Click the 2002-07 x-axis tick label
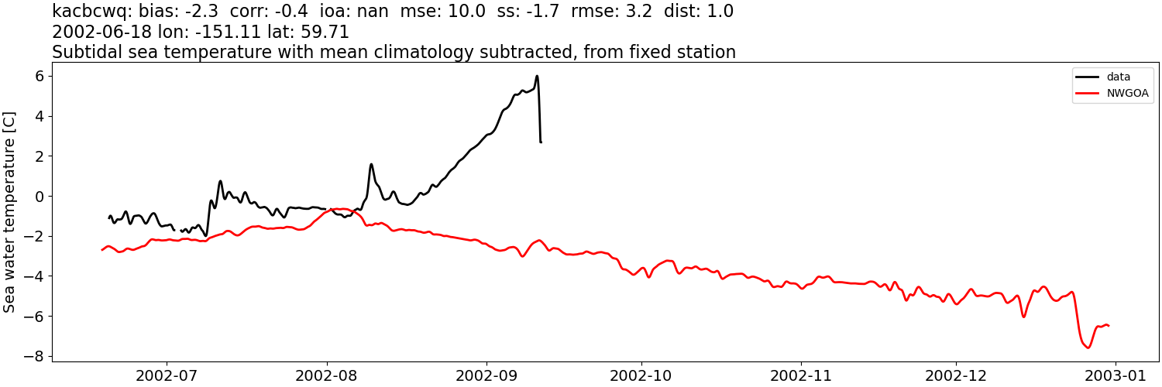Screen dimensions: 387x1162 click(x=167, y=375)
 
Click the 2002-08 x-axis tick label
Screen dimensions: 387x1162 click(x=326, y=375)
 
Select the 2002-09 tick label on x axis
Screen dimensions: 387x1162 click(x=486, y=375)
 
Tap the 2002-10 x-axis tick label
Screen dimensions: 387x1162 click(x=641, y=375)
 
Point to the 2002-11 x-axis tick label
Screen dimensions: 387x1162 click(x=801, y=375)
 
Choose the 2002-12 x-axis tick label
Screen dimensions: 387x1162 click(x=956, y=375)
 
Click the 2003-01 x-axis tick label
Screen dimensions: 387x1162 click(x=1116, y=375)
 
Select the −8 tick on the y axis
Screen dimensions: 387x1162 click(x=34, y=356)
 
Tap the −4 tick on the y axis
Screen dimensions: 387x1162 click(x=34, y=276)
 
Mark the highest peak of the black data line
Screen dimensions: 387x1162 click(x=537, y=76)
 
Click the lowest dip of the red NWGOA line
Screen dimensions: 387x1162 click(x=1088, y=348)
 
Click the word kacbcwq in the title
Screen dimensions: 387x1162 click(x=88, y=12)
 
